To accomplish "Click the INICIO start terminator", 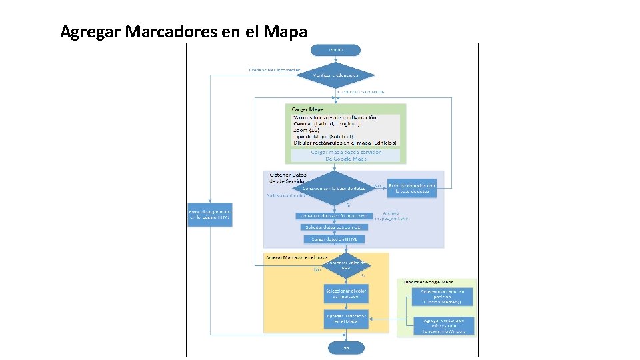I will coord(335,50).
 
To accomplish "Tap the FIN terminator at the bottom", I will coord(346,347).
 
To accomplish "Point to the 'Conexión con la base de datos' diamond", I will coord(335,188).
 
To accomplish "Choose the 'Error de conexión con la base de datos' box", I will coord(412,188).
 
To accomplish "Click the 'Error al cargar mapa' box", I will coord(210,214).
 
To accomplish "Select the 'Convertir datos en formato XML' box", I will coord(334,216).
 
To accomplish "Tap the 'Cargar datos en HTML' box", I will coord(335,239).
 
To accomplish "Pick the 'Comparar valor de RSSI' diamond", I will coord(346,265).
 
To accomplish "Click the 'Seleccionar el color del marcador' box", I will coord(346,294).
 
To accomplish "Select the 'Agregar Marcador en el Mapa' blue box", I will coord(346,319).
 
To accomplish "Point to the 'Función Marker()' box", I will coord(447,297).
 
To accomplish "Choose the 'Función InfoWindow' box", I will coord(447,325).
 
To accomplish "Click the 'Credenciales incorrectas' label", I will coord(274,69).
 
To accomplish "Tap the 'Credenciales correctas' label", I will coord(361,91).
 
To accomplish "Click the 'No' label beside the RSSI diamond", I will coord(317,270).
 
